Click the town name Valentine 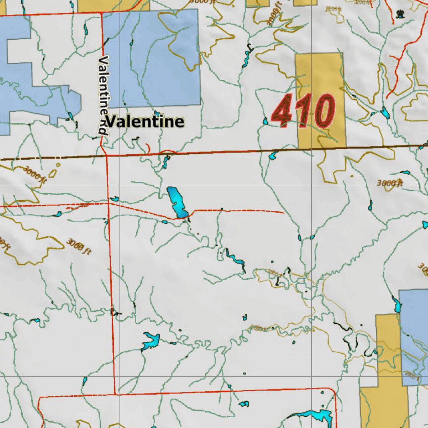[x=145, y=122]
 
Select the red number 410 [x=303, y=111]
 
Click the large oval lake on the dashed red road [x=177, y=202]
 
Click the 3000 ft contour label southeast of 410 [x=390, y=183]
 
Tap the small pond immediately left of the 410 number [x=265, y=122]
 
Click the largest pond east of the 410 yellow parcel [x=385, y=112]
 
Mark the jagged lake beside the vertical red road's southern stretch [x=150, y=341]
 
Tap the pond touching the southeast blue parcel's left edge [x=396, y=305]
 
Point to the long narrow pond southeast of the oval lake [x=235, y=259]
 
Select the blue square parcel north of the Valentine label [x=152, y=58]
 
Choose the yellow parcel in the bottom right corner [x=385, y=401]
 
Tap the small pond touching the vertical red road [x=114, y=199]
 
